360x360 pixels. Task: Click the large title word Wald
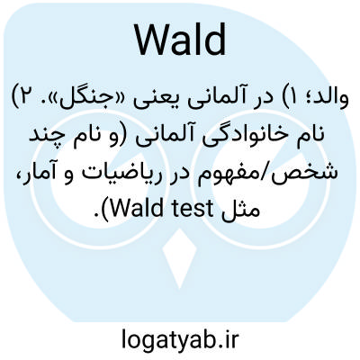pos(181,40)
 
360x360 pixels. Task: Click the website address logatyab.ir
pos(180,338)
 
